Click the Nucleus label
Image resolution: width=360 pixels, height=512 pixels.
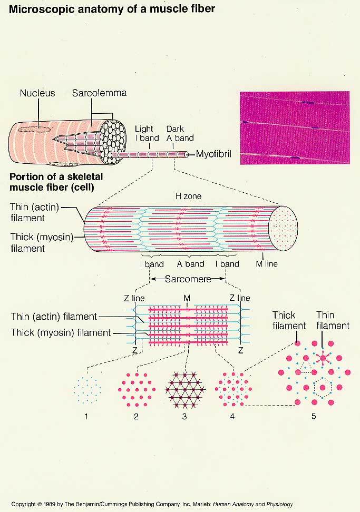37,93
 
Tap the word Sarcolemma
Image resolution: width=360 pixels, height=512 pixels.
100,93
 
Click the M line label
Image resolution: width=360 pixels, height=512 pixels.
267,264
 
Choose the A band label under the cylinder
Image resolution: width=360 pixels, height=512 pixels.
190,264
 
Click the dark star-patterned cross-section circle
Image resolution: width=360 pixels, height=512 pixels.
184,390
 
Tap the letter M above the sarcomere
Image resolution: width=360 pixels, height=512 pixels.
187,298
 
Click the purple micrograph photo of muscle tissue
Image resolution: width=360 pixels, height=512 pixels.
294,128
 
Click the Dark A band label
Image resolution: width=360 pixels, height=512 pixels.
180,133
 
